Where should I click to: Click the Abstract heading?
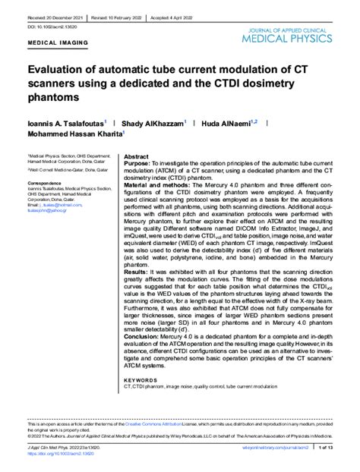(137, 154)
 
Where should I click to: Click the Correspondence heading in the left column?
(49, 183)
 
